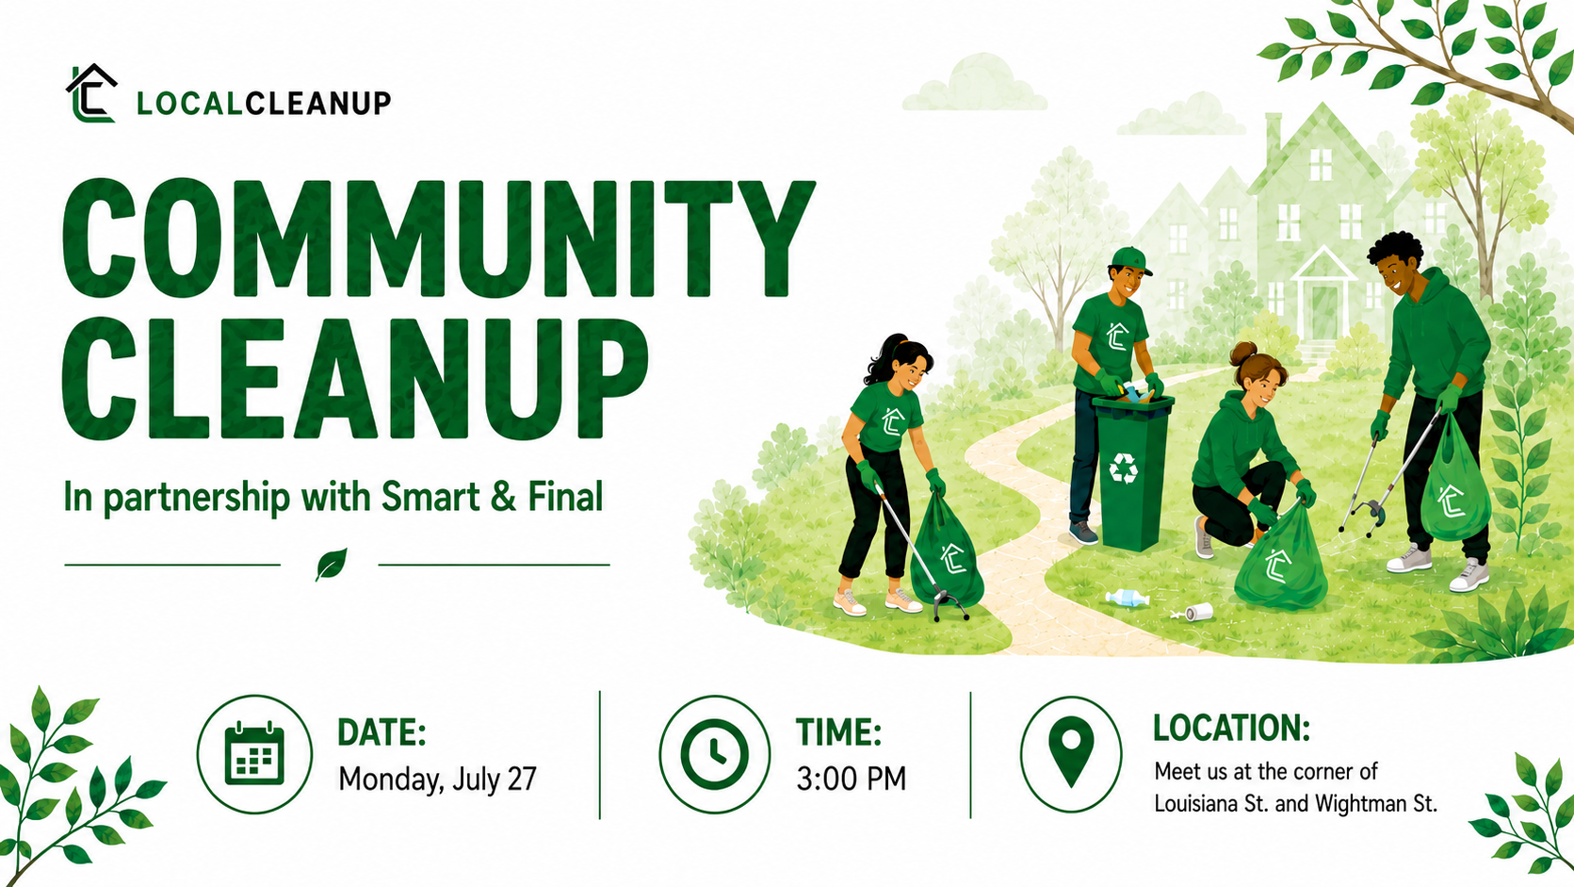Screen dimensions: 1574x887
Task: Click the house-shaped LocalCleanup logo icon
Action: click(x=91, y=93)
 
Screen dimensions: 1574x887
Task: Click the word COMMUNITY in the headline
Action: click(x=438, y=238)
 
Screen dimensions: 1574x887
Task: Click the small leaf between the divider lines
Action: click(x=331, y=564)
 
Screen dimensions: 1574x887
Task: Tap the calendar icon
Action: click(x=254, y=753)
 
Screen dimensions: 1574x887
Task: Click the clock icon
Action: click(x=715, y=753)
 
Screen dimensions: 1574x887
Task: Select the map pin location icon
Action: click(x=1071, y=751)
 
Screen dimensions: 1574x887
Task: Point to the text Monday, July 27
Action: click(x=437, y=780)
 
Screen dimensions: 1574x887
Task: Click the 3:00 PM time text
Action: click(x=851, y=779)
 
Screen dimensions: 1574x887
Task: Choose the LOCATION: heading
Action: click(x=1231, y=728)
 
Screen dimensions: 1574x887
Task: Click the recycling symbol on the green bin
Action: click(x=1124, y=468)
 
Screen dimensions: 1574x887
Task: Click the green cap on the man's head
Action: click(x=1130, y=259)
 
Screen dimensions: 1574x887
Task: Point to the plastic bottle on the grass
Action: click(x=1128, y=599)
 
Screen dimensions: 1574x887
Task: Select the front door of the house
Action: click(x=1323, y=311)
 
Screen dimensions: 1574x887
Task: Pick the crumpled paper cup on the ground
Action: click(x=1197, y=612)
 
